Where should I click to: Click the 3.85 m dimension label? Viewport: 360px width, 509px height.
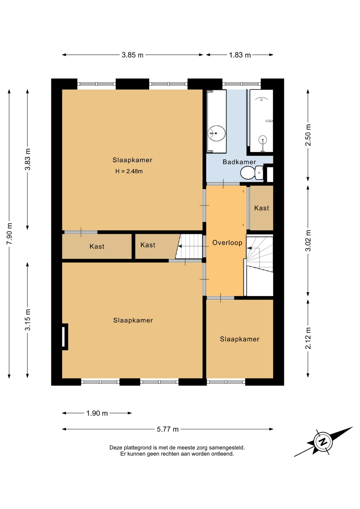point(132,55)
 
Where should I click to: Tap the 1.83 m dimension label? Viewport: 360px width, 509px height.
point(240,55)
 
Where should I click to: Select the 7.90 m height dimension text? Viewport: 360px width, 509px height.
point(9,234)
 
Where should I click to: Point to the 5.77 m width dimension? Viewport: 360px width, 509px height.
point(168,429)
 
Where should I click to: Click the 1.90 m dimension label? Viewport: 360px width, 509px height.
point(97,413)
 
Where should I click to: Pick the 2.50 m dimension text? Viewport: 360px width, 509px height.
point(308,135)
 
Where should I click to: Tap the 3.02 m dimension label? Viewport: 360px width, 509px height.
point(308,240)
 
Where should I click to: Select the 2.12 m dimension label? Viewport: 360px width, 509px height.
point(308,338)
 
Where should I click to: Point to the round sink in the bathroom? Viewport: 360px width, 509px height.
point(217,133)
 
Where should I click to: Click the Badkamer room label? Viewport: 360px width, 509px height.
point(239,162)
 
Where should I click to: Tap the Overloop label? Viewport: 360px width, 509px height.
point(227,243)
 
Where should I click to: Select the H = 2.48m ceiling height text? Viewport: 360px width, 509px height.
point(129,171)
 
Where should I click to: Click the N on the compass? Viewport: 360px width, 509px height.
point(323,442)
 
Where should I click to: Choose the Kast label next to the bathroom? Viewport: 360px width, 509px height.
point(261,208)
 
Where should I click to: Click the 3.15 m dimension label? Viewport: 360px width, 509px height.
point(28,320)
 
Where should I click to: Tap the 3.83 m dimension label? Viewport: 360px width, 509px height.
point(28,159)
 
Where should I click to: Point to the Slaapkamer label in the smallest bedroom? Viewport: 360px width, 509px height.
point(239,339)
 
